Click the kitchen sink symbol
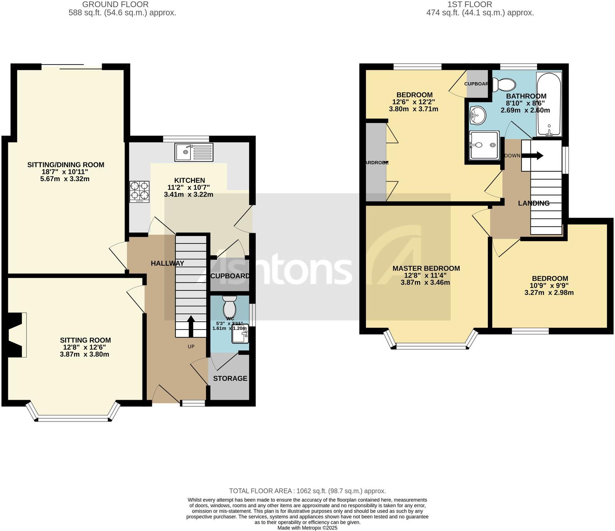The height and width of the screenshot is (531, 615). pyautogui.click(x=194, y=152)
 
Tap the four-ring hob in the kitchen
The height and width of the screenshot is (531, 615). pyautogui.click(x=139, y=191)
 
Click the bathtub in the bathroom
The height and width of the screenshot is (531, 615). pyautogui.click(x=549, y=104)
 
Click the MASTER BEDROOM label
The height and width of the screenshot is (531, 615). pyautogui.click(x=426, y=268)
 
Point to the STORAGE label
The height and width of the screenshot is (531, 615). pyautogui.click(x=230, y=378)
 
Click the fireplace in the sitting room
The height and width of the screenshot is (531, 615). pyautogui.click(x=16, y=335)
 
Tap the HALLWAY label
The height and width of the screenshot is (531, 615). pyautogui.click(x=167, y=263)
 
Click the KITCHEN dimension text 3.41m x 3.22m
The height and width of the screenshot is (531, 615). pyautogui.click(x=189, y=195)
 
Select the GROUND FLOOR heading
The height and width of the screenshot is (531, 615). pyautogui.click(x=115, y=5)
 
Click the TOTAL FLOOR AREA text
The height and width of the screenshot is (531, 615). pyautogui.click(x=307, y=491)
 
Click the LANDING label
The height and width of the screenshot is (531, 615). pyautogui.click(x=533, y=203)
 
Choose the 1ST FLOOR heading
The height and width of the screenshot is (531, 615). pyautogui.click(x=469, y=5)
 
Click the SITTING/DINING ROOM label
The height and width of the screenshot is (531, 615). pyautogui.click(x=66, y=165)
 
